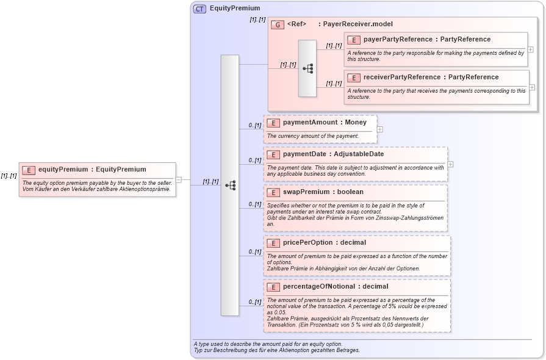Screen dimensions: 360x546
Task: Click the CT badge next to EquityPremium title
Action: [x=199, y=9]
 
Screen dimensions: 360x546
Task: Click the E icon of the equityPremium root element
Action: [x=29, y=170]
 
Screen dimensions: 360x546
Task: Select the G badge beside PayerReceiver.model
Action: [x=278, y=24]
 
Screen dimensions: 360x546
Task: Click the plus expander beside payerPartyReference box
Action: [x=531, y=49]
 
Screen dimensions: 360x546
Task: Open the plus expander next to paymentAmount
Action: [x=380, y=129]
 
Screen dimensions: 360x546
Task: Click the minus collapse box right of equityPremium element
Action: [x=179, y=179]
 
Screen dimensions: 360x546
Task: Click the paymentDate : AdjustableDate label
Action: [x=333, y=154]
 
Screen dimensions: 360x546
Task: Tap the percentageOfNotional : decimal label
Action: [x=335, y=287]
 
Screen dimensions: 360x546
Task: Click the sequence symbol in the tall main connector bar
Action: [x=230, y=185]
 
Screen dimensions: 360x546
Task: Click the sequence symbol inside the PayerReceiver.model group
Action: [x=307, y=68]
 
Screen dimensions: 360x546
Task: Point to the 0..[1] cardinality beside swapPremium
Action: [x=254, y=204]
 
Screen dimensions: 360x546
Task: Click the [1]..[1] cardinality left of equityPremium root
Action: [x=9, y=176]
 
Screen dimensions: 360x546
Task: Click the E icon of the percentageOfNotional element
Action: [x=273, y=287]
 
